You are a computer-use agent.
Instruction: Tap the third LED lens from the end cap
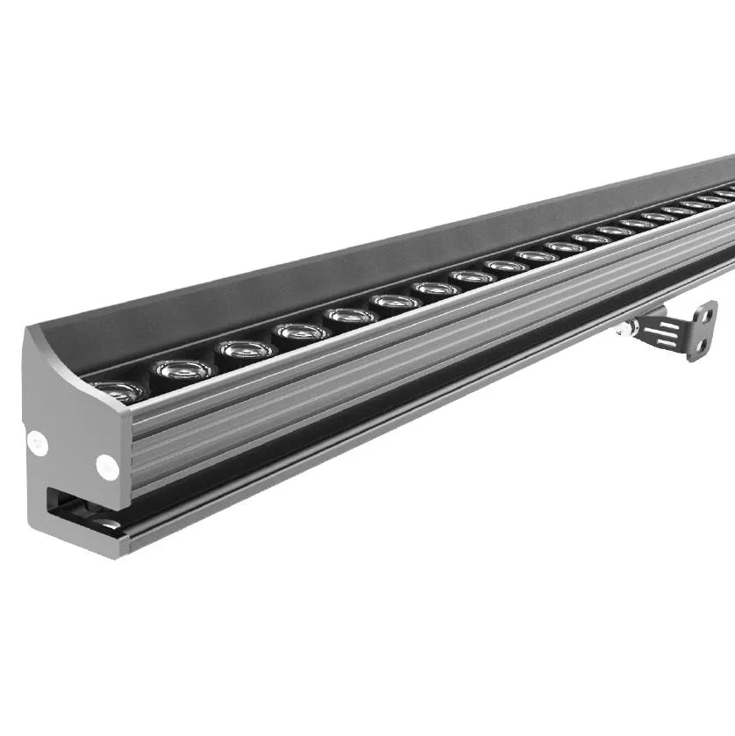[x=245, y=349]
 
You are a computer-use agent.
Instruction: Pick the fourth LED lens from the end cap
[x=301, y=332]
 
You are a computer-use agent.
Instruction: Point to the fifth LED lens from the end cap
[x=350, y=315]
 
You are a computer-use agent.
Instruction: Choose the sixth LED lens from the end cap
[x=395, y=301]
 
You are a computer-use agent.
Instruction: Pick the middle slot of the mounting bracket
[x=675, y=334]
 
